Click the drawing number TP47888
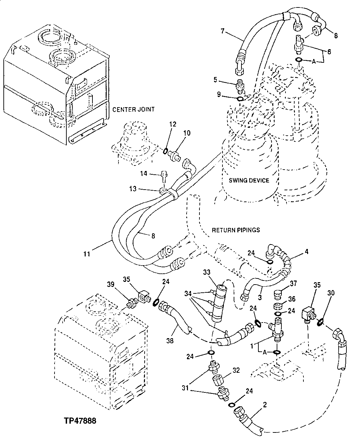[80, 421]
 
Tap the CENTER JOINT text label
[133, 109]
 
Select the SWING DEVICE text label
[249, 180]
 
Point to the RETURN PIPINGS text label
[236, 230]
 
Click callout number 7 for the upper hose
[222, 31]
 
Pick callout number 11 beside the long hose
[87, 253]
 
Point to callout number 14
[143, 174]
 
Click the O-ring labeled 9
[239, 99]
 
